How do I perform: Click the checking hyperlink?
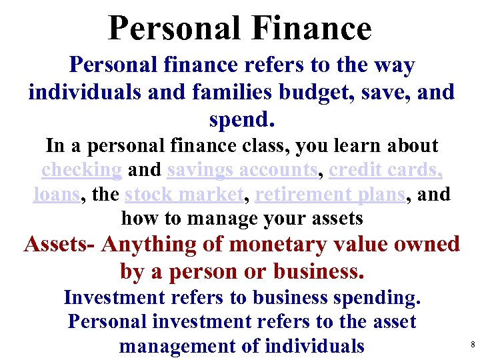(x=81, y=170)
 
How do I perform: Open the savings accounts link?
(x=241, y=170)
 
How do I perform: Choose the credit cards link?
(x=386, y=170)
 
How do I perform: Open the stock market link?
(x=184, y=194)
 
